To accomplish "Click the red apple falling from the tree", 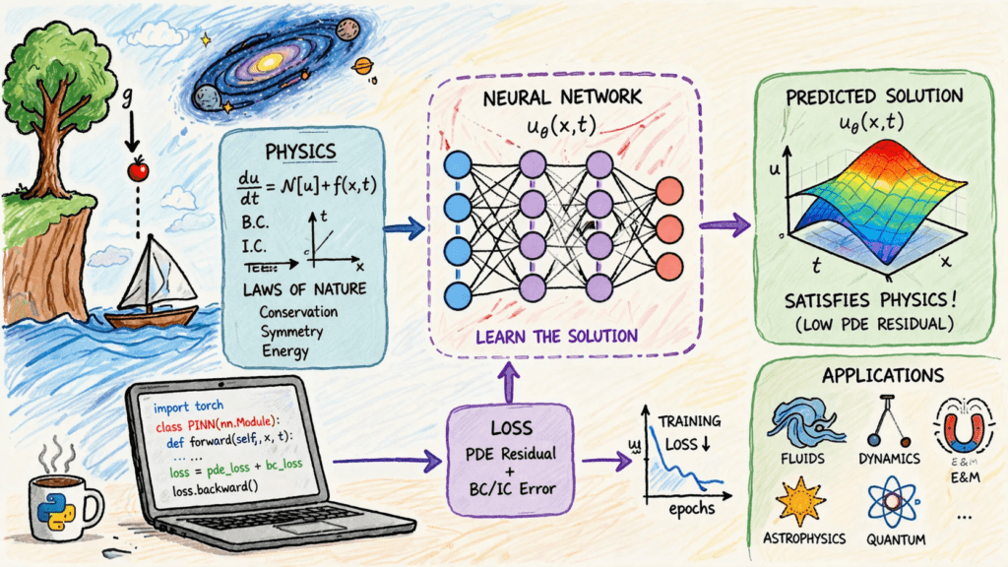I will click(138, 171).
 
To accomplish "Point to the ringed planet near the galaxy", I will click(364, 66).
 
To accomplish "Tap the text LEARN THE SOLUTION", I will click(556, 336).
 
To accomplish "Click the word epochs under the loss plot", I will click(690, 511).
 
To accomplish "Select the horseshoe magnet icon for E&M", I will click(957, 422).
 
